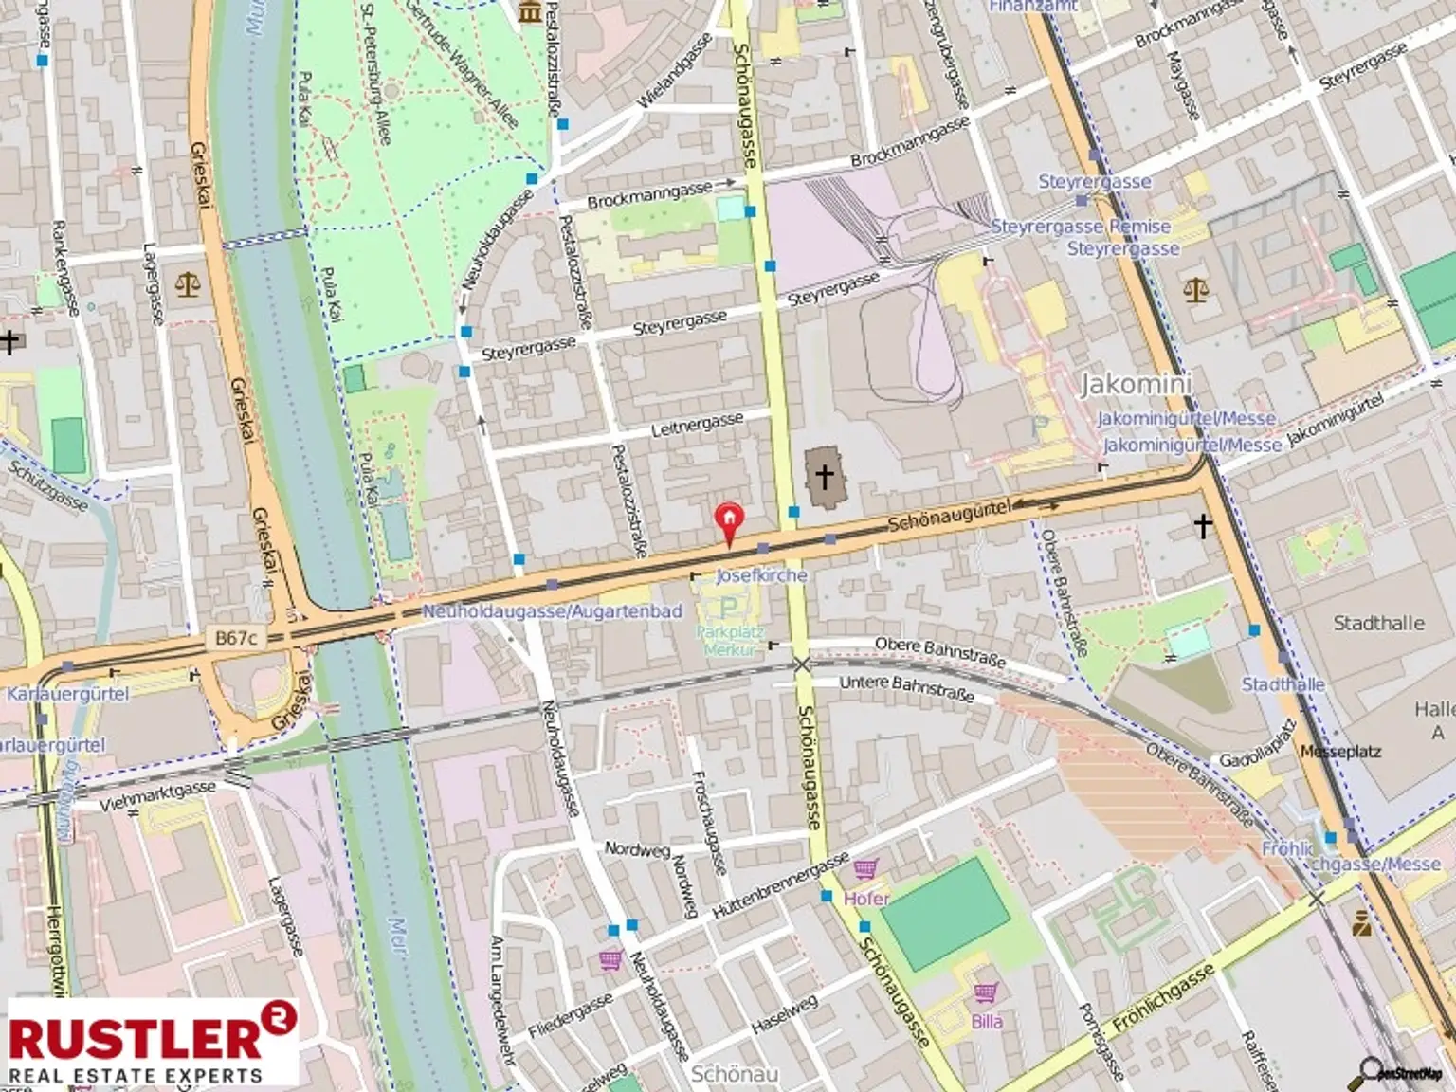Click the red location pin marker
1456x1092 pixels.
click(728, 522)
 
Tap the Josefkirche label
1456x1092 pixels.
click(761, 575)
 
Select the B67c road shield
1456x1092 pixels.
click(235, 638)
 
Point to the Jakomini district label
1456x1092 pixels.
click(1136, 384)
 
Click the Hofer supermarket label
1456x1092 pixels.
click(866, 898)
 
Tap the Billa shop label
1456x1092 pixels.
click(986, 1021)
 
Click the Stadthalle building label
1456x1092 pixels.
click(1378, 623)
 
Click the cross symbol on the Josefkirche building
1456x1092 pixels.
click(824, 476)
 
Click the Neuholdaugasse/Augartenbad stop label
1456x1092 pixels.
click(552, 611)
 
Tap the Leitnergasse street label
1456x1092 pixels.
click(697, 426)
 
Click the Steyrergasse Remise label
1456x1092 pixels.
click(1081, 227)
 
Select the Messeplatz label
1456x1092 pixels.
click(1340, 752)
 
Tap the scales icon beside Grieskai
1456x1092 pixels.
click(188, 284)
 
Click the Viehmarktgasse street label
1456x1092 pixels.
click(157, 796)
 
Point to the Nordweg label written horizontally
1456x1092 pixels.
click(637, 848)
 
